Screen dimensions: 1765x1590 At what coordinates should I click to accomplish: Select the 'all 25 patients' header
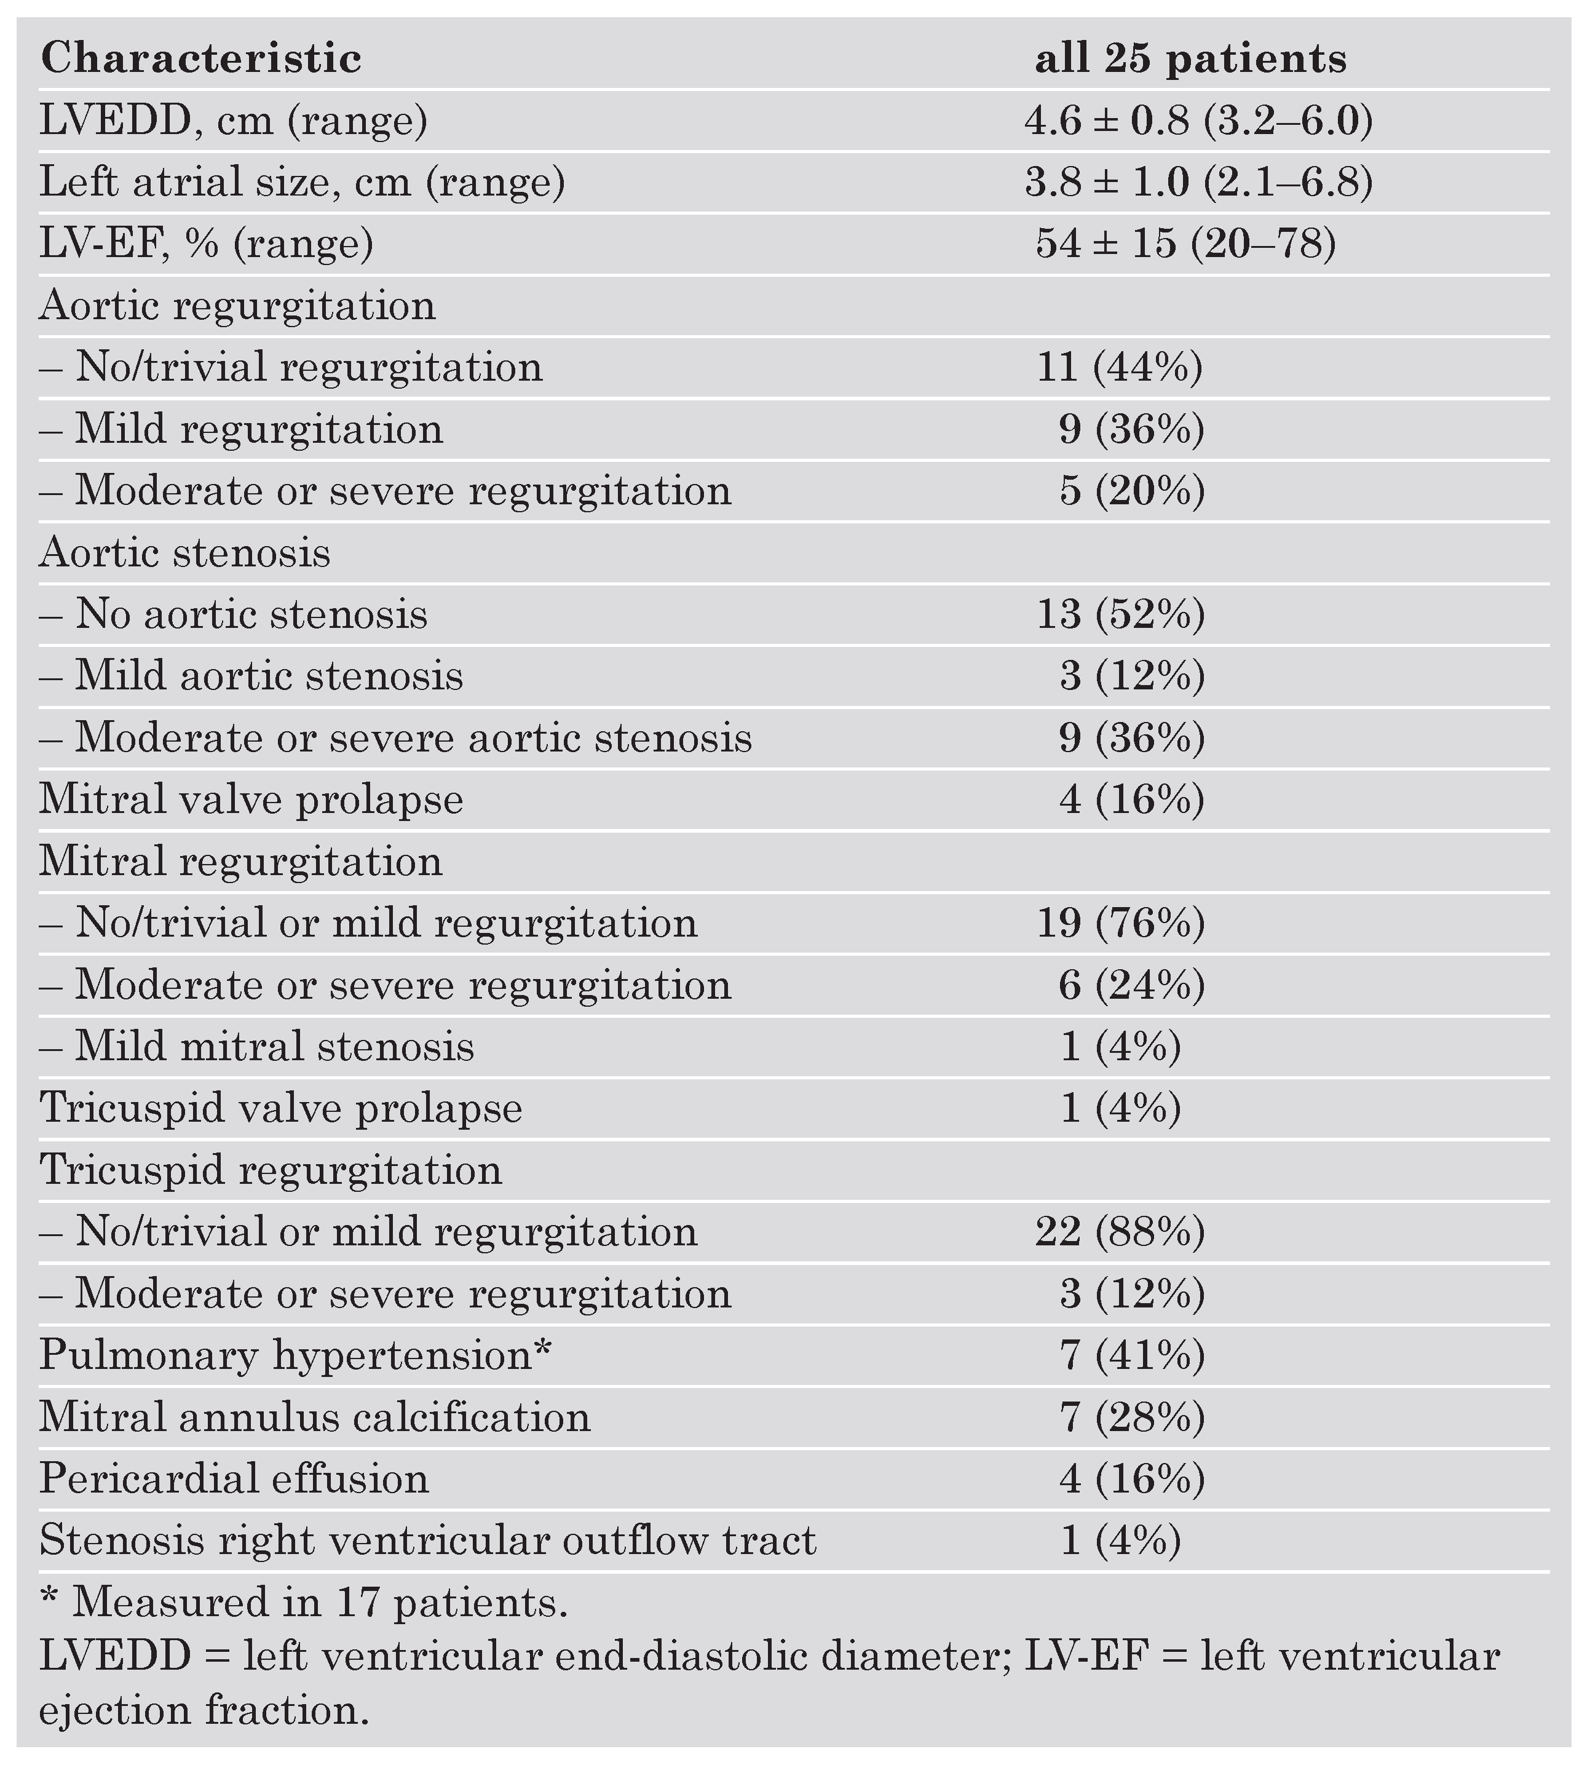coord(1190,58)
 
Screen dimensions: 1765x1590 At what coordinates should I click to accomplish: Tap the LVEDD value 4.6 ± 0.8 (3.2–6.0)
coord(1198,121)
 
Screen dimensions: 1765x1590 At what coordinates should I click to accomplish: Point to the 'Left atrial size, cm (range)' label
coord(301,183)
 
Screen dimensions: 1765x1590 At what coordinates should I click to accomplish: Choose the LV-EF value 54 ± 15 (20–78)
coord(1185,244)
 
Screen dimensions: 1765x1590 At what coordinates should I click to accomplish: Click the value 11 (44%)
coord(1119,367)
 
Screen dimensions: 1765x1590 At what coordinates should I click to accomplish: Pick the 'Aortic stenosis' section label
coord(184,553)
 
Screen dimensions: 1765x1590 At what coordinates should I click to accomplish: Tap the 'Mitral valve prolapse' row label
coord(251,799)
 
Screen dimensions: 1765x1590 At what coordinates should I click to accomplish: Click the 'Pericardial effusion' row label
coord(234,1478)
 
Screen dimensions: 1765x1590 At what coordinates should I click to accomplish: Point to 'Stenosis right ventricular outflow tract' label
coord(428,1541)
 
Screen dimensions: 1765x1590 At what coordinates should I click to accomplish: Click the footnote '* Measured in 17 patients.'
coord(304,1603)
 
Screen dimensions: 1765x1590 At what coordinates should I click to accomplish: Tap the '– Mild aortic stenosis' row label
coord(251,676)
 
